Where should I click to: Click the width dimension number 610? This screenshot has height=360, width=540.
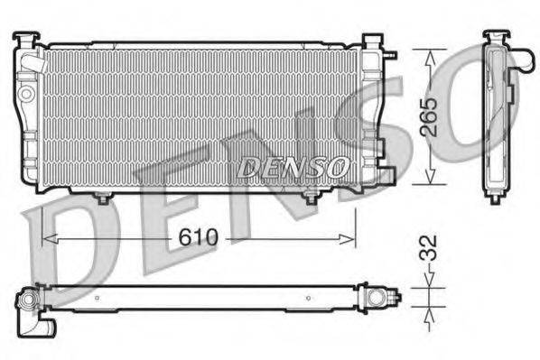198,237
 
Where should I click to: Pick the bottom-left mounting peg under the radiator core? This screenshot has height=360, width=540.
102,197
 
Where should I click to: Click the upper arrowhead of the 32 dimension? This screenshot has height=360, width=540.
429,283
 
